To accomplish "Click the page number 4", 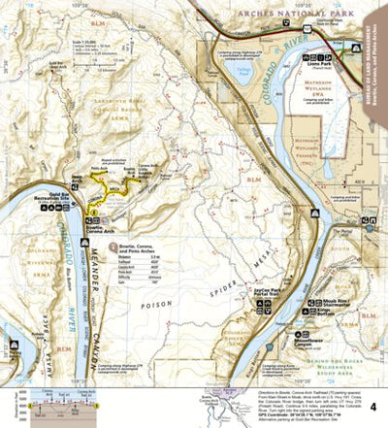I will [374, 405].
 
